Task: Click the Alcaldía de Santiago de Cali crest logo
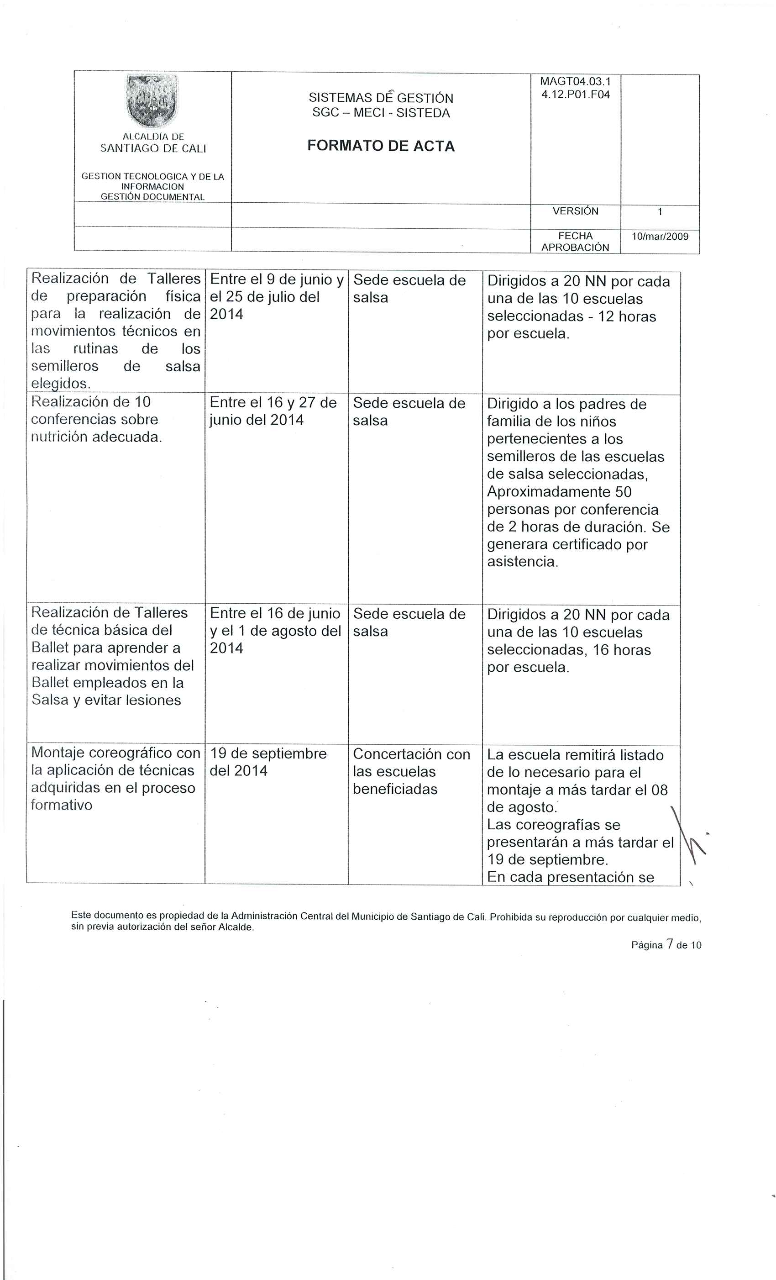[152, 101]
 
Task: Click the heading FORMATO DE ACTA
[381, 146]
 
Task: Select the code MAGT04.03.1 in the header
[576, 82]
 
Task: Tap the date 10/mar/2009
[660, 237]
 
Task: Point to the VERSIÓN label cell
[575, 211]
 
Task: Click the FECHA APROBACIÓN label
[575, 242]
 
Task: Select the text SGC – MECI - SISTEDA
[381, 113]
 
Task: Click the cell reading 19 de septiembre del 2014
[268, 762]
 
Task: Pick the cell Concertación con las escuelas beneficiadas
[411, 771]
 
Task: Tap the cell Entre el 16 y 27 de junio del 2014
[273, 411]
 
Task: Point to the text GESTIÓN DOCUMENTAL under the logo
[152, 197]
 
